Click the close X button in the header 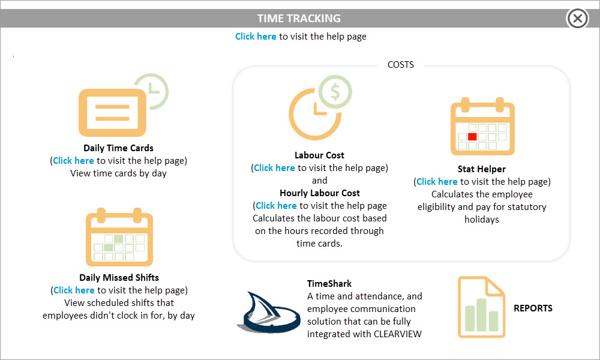click(577, 18)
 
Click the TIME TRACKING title click(299, 19)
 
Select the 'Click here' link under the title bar click(256, 37)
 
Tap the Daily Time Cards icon click(123, 105)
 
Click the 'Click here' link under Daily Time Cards click(73, 161)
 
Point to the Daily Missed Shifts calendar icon click(119, 237)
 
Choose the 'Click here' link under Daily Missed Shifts click(74, 290)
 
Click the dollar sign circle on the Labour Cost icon click(335, 92)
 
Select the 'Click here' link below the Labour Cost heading click(274, 168)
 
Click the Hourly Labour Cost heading click(320, 193)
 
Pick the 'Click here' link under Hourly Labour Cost click(276, 206)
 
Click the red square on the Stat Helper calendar click(472, 137)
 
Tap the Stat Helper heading click(481, 169)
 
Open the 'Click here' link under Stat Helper click(437, 182)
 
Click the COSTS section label click(401, 65)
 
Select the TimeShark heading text click(329, 283)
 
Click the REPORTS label click(533, 308)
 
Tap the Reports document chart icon click(481, 307)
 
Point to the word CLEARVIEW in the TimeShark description click(398, 334)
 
